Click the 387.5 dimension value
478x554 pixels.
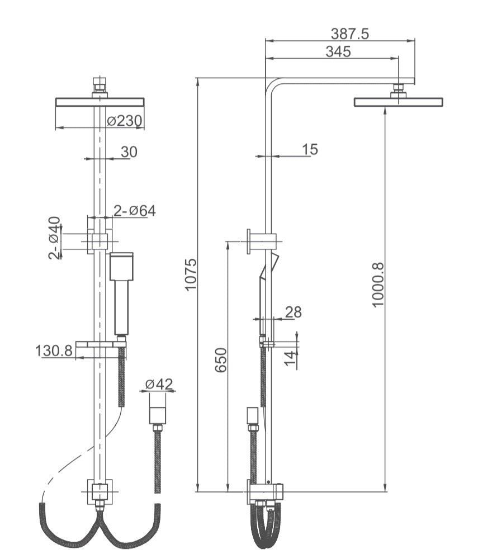(x=350, y=34)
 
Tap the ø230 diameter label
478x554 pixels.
(x=124, y=121)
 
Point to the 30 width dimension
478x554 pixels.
(x=129, y=151)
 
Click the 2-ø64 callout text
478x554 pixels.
(x=134, y=210)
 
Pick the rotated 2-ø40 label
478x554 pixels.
(x=54, y=238)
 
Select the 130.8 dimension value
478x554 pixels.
(x=54, y=351)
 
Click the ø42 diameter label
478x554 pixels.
(x=159, y=384)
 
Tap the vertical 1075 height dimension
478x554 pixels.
(x=191, y=274)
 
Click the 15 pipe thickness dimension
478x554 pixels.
(x=309, y=149)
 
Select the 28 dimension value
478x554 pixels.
(x=293, y=312)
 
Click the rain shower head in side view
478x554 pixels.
(x=398, y=102)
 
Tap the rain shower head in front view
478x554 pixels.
(x=100, y=102)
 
